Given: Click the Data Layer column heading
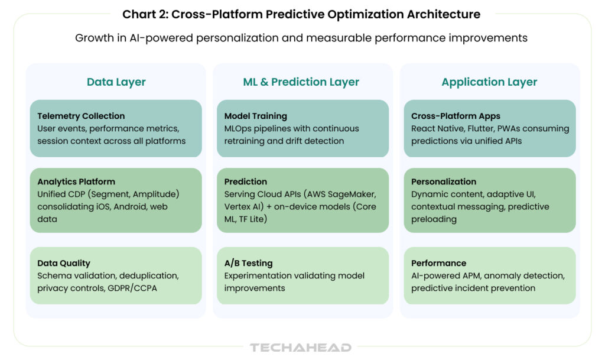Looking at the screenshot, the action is (x=116, y=82).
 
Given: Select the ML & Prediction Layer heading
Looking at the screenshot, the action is (x=301, y=82).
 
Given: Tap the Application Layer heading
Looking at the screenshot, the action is (x=489, y=82).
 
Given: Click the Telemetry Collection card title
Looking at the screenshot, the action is (x=81, y=116).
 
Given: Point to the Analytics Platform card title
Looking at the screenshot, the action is (x=76, y=181).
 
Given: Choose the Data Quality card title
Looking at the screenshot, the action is (x=64, y=263).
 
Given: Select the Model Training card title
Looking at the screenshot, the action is (x=255, y=116).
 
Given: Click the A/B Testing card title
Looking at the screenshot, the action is (x=249, y=263).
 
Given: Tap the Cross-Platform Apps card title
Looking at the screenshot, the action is (x=456, y=116).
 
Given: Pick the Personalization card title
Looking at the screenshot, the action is (x=444, y=181).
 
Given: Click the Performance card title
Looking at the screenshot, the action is (x=439, y=263).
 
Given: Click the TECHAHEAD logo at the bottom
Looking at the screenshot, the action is (x=301, y=348).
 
